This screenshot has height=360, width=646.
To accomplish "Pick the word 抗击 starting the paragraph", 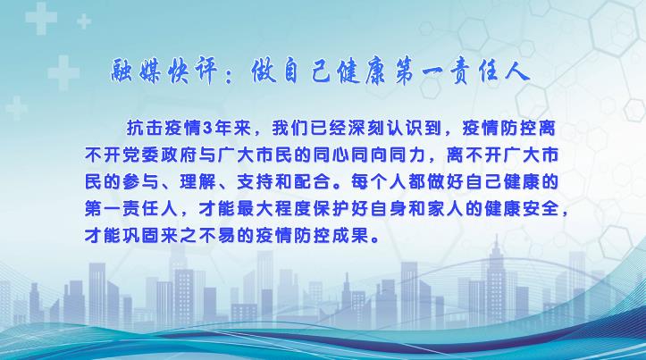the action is pyautogui.click(x=145, y=129).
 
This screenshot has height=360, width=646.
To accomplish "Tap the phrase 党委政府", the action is pyautogui.click(x=160, y=155).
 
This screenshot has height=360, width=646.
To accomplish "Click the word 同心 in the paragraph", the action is pyautogui.click(x=331, y=155).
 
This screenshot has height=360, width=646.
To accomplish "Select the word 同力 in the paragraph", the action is pyautogui.click(x=407, y=155).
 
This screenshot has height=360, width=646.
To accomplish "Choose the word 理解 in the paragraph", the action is pyautogui.click(x=198, y=182).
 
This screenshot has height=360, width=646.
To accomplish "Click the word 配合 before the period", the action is pyautogui.click(x=313, y=182).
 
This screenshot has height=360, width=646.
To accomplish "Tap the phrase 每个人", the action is pyautogui.click(x=380, y=182).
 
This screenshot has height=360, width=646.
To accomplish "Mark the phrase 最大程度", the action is pyautogui.click(x=274, y=210).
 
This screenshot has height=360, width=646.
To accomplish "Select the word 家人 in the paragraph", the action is pyautogui.click(x=446, y=210).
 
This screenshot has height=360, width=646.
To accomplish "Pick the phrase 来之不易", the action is pyautogui.click(x=198, y=237).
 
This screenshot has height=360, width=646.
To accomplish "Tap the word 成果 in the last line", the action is pyautogui.click(x=350, y=237).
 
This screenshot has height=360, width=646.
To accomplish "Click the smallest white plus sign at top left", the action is pyautogui.click(x=84, y=21).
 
